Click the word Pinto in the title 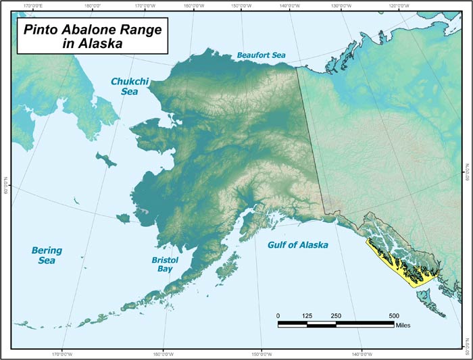[43, 30]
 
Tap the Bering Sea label [47, 255]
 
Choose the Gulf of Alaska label [297, 245]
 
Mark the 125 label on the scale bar [307, 316]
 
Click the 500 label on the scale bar [395, 316]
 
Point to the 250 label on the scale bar [336, 316]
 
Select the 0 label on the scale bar [278, 316]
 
